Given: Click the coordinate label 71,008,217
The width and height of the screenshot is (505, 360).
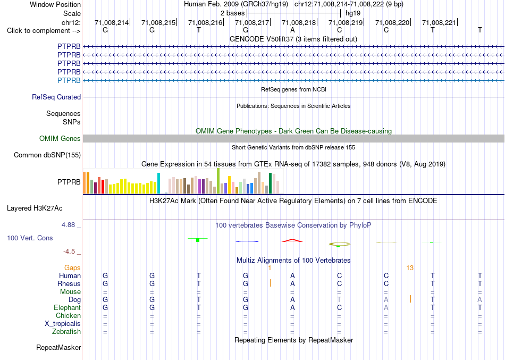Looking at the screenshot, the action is pos(252,22).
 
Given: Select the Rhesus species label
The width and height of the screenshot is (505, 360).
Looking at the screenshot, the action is pos(69,283).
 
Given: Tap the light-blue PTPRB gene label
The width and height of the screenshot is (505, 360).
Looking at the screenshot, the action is pos(69,80).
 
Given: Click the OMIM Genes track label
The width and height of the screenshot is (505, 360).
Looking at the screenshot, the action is pos(60,139).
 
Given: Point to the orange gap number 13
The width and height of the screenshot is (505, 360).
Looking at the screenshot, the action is pos(410,268).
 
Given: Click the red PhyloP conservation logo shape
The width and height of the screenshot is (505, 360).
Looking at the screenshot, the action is pos(292,240).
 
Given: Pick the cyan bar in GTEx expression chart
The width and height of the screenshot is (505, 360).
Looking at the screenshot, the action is pos(158,183).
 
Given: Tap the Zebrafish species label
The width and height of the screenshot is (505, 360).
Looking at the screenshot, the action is pos(66,332).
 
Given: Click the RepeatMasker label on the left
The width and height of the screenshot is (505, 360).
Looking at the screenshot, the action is pos(58,347).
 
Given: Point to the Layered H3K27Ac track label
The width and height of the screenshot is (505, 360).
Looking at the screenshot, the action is pos(35,208).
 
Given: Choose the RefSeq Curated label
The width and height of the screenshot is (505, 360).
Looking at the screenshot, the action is pos(56,97).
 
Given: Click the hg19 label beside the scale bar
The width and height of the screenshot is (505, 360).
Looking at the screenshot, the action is pos(353,13).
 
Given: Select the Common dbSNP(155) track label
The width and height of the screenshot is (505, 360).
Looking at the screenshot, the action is pos(47,155).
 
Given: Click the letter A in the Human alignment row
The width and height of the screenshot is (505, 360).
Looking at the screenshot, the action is pos(292,275).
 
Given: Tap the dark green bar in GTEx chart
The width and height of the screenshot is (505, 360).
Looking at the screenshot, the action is pos(271,183).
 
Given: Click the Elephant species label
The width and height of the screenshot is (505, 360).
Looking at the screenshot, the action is pos(68,307).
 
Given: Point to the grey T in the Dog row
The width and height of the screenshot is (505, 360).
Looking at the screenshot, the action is pos(339,299).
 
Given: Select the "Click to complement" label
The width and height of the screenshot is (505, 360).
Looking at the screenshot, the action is pos(44,31).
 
